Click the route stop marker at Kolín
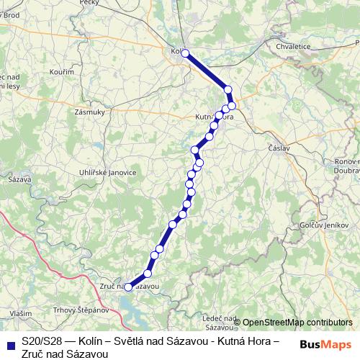tap(185, 53)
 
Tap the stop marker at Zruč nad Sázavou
tap(129, 287)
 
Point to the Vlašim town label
tap(21, 314)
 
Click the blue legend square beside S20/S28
tap(9, 343)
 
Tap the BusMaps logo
tap(325, 344)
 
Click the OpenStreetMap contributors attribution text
tap(297, 322)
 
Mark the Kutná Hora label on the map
tap(214, 117)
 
